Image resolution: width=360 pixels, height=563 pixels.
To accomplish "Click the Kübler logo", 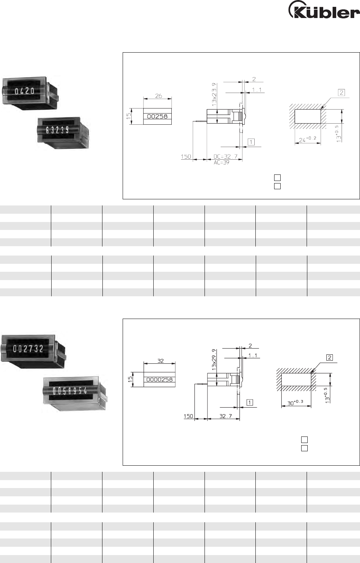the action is coord(324,10).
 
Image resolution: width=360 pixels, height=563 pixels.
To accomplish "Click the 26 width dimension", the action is coord(158,96).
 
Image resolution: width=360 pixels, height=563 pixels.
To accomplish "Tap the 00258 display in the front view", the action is coord(157,116).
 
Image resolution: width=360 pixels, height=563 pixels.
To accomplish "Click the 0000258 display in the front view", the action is coord(159,380).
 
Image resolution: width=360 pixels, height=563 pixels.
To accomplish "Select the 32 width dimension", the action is coord(161,361).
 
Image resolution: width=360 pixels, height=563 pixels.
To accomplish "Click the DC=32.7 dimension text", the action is coord(225,156).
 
